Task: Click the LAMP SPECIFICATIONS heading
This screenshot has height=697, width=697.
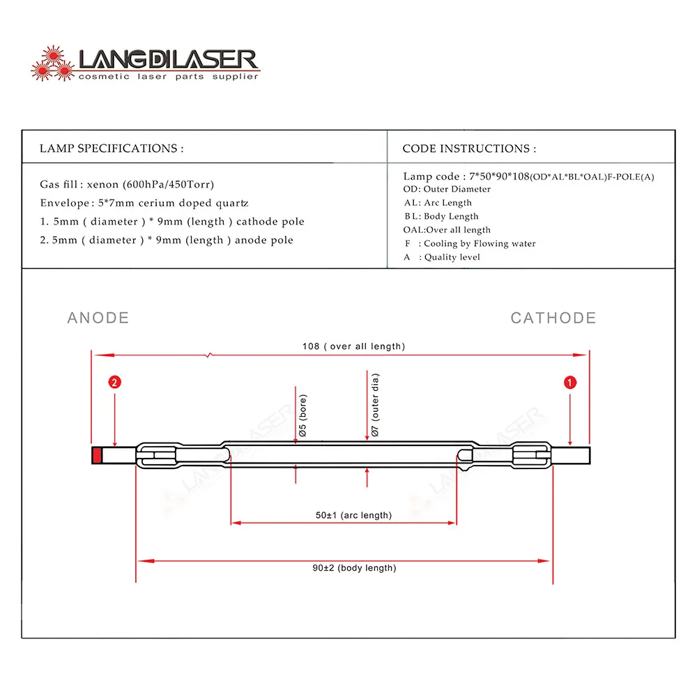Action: pyautogui.click(x=112, y=148)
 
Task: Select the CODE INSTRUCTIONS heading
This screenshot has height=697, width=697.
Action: pyautogui.click(x=469, y=148)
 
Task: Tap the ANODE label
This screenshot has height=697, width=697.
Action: pyautogui.click(x=98, y=318)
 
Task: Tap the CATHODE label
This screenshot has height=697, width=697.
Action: pyautogui.click(x=553, y=318)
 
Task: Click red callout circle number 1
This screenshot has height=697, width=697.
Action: pyautogui.click(x=570, y=382)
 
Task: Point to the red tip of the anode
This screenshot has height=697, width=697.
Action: pyautogui.click(x=97, y=456)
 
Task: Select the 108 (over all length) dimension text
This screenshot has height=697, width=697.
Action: pyautogui.click(x=353, y=346)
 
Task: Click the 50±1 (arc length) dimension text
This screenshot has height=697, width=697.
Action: pyautogui.click(x=353, y=515)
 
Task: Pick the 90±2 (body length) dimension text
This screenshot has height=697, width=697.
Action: pyautogui.click(x=354, y=568)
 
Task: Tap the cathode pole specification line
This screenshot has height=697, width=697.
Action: pyautogui.click(x=172, y=222)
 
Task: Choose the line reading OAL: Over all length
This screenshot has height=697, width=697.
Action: pyautogui.click(x=447, y=230)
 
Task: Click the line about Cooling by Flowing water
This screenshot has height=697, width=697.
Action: pyautogui.click(x=470, y=243)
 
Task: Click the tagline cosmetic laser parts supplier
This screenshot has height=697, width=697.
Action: pyautogui.click(x=168, y=76)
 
